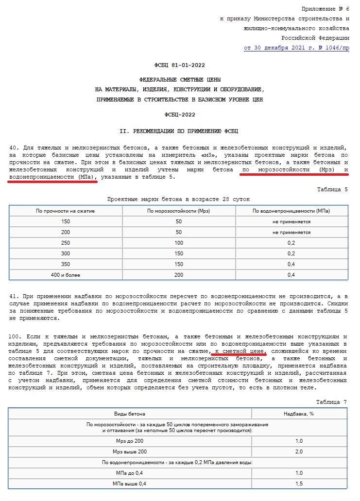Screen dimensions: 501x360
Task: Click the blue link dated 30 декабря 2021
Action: pyautogui.click(x=296, y=48)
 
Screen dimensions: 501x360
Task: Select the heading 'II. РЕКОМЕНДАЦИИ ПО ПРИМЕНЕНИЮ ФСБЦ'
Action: pyautogui.click(x=179, y=131)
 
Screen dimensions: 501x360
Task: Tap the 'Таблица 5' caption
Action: pyautogui.click(x=333, y=189)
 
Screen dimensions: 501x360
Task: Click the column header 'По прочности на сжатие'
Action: pyautogui.click(x=65, y=211)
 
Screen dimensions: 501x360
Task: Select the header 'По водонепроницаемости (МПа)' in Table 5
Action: pyautogui.click(x=291, y=211)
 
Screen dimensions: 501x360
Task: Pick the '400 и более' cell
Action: pyautogui.click(x=65, y=275)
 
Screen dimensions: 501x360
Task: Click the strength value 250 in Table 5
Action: pyautogui.click(x=65, y=243)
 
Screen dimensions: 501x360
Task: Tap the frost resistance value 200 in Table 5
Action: pyautogui.click(x=179, y=275)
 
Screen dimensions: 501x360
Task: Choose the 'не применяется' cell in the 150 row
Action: pyautogui.click(x=291, y=221)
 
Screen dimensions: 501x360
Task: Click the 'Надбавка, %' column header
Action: pyautogui.click(x=299, y=414)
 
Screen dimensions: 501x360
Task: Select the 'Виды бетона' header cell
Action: pyautogui.click(x=130, y=414)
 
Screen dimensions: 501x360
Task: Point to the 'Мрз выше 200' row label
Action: pyautogui.click(x=130, y=451)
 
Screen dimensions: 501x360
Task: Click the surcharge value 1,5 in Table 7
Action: pyautogui.click(x=299, y=484)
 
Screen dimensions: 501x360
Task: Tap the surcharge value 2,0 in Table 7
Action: pyautogui.click(x=299, y=451)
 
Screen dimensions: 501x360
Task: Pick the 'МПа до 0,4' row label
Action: pyautogui.click(x=130, y=473)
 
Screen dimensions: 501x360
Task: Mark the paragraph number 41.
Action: pyautogui.click(x=13, y=296)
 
